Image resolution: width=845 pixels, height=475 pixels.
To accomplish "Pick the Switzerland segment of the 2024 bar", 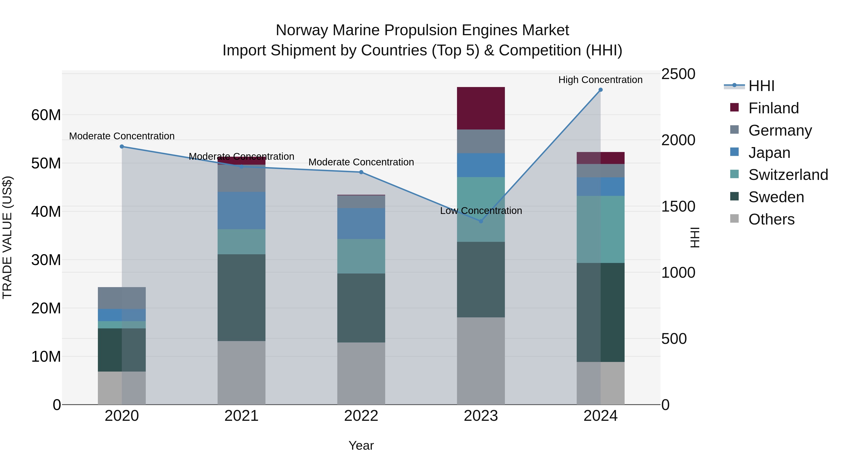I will click(601, 229).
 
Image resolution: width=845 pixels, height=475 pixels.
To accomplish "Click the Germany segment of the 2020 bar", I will click(122, 298).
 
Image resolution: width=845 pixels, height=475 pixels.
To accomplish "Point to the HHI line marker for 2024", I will click(601, 90).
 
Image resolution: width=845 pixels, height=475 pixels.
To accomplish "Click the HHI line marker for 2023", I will click(481, 221).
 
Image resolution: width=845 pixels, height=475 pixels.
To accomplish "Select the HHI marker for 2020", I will click(122, 147).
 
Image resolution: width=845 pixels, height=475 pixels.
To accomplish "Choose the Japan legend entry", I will click(769, 152).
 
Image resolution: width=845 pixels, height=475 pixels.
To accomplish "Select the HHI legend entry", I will click(761, 86).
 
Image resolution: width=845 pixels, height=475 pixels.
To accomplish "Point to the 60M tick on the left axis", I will click(46, 115).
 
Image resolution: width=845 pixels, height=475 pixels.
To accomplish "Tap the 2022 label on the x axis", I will click(361, 416).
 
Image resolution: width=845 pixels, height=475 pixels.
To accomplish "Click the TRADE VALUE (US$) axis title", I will click(7, 237).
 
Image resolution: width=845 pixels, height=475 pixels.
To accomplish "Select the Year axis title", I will click(361, 445).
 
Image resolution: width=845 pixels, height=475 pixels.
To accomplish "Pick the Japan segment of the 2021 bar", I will click(242, 210).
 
